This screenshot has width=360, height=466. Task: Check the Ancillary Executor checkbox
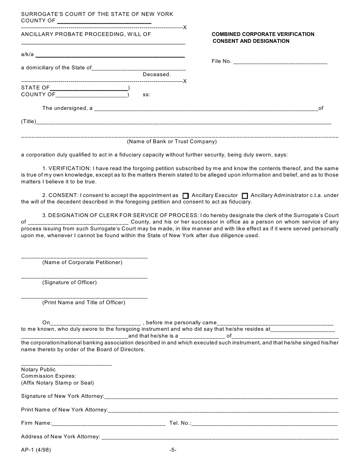(185, 196)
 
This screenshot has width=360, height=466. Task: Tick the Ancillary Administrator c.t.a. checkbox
(245, 196)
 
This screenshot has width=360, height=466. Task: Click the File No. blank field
(280, 61)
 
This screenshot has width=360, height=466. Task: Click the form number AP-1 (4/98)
(36, 450)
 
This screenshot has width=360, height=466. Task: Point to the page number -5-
(173, 450)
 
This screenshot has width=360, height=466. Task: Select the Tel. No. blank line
(265, 423)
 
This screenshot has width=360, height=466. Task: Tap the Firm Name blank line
(108, 423)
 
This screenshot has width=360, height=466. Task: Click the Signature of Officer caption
(69, 282)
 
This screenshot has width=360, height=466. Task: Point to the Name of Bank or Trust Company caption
(172, 142)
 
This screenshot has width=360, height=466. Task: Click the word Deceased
(157, 75)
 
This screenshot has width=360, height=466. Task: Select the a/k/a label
(27, 55)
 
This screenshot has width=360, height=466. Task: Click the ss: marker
(146, 95)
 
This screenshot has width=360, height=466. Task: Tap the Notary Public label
(38, 369)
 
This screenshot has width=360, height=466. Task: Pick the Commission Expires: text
(49, 376)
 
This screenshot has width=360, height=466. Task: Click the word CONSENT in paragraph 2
(61, 195)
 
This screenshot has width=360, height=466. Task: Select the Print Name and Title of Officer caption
(83, 302)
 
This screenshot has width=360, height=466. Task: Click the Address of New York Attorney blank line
(220, 436)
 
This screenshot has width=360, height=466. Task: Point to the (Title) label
(28, 122)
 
